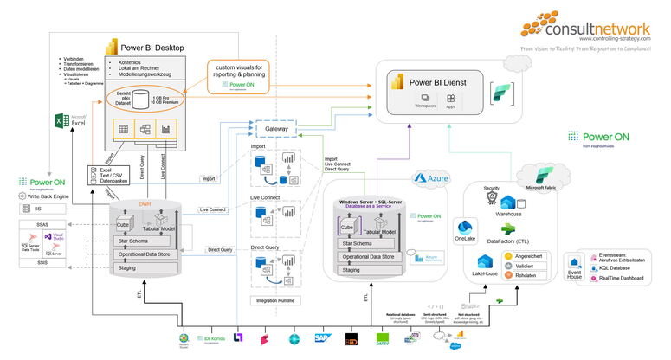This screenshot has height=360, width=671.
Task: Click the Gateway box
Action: (x=277, y=129)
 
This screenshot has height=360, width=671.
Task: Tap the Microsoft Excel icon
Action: (x=62, y=121)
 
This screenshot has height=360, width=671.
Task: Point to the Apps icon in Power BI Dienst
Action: (x=450, y=101)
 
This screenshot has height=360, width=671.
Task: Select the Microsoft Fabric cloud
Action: (x=536, y=176)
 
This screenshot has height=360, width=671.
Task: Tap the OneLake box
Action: (x=465, y=232)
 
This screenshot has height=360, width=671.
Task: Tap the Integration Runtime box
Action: (x=277, y=300)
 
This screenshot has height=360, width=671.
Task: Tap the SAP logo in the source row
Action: (x=324, y=339)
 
